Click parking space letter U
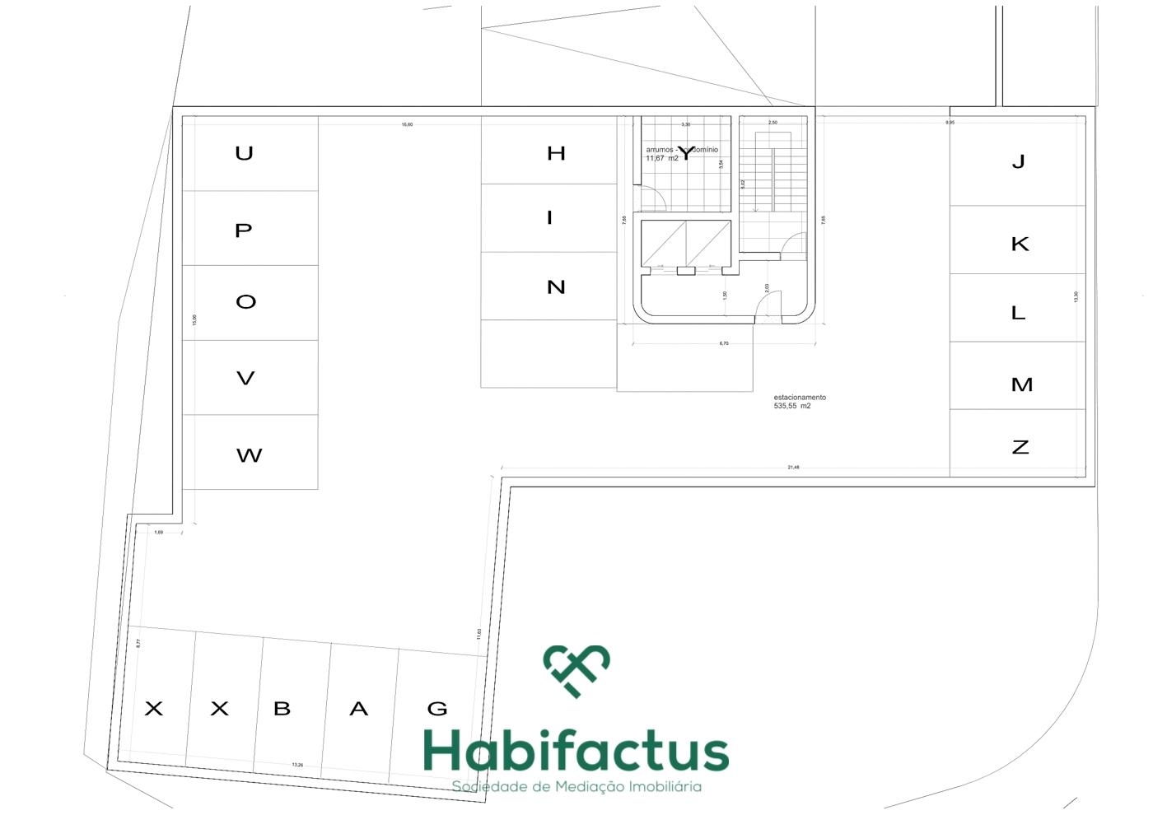point(244,153)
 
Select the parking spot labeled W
point(249,455)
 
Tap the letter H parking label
point(556,153)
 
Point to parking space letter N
point(556,287)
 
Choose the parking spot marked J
point(1019,161)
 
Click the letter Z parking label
point(1020,447)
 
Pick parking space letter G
point(437,708)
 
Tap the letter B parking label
point(282,708)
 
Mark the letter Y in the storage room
point(686,153)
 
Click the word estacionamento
point(800,398)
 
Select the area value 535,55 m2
point(792,406)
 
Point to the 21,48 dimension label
point(793,468)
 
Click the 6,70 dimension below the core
point(724,343)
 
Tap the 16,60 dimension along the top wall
point(407,124)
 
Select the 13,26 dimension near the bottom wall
point(297,765)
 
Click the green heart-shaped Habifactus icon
point(576,669)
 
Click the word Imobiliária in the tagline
point(665,787)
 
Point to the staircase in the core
point(773,181)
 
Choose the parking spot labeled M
point(1021,384)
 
